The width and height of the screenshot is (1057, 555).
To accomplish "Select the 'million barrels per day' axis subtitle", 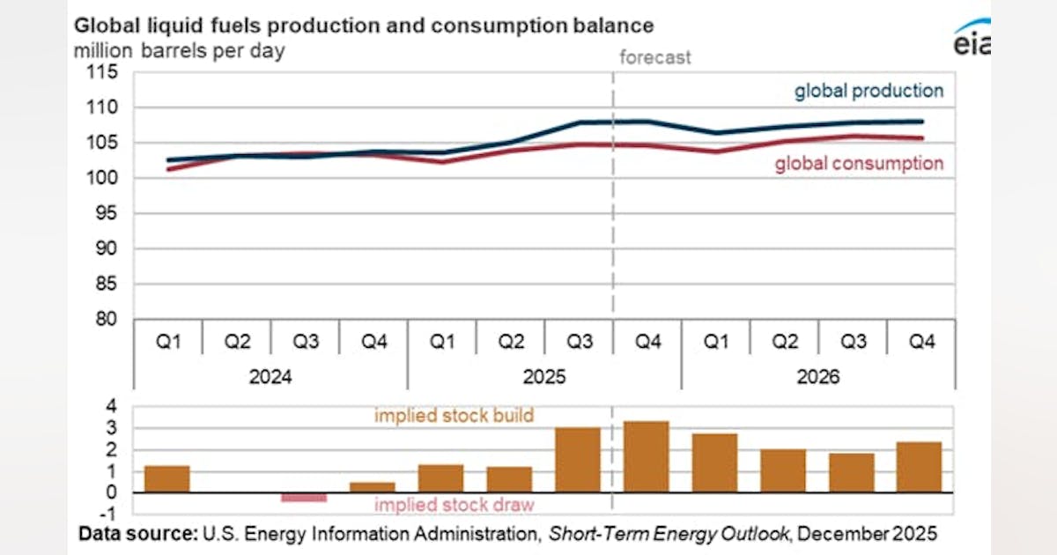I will click(180, 51).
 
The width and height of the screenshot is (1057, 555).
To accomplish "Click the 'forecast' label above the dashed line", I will click(655, 57).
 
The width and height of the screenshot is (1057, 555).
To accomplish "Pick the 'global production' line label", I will click(869, 91).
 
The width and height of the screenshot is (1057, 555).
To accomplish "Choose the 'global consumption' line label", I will click(859, 163).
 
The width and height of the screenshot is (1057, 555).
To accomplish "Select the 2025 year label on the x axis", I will click(543, 376).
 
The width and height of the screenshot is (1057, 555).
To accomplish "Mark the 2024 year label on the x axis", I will click(270, 376).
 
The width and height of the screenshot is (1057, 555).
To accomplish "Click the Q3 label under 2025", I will click(579, 341).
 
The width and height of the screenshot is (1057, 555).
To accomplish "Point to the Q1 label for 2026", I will click(715, 341).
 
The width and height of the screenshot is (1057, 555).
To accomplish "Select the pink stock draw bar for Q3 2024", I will click(304, 498).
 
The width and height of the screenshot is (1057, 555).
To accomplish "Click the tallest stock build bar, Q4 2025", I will click(647, 457).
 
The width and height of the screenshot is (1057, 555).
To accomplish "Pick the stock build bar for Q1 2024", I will click(167, 479).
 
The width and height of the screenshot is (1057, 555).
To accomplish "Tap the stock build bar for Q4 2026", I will click(920, 468).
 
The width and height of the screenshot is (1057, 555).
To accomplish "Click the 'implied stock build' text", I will click(454, 415).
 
